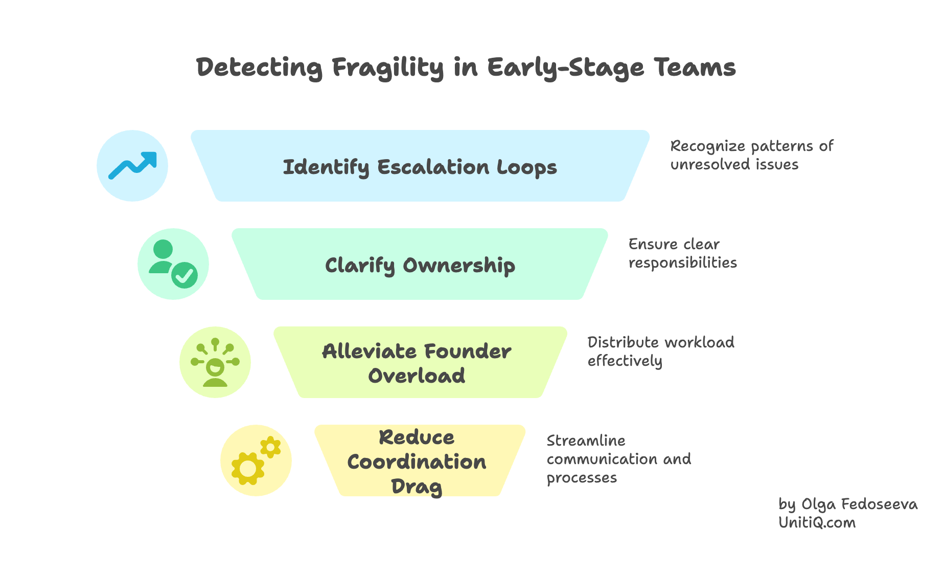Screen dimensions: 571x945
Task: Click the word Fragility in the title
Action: click(387, 68)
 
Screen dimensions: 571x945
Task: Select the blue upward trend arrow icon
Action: click(132, 166)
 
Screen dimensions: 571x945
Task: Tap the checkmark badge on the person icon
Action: click(184, 276)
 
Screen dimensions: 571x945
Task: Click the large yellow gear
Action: click(248, 468)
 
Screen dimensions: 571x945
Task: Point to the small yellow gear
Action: click(270, 447)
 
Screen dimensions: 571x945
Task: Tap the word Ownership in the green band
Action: click(459, 266)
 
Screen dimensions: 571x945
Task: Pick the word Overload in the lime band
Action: click(417, 376)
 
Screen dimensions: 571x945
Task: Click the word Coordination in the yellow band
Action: click(417, 462)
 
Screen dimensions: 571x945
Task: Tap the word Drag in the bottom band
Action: click(417, 487)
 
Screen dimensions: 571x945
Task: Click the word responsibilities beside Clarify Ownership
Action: click(682, 263)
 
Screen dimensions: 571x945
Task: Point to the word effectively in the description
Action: click(625, 361)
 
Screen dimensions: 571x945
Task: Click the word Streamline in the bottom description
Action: click(586, 441)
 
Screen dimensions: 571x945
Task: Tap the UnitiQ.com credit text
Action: click(817, 523)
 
